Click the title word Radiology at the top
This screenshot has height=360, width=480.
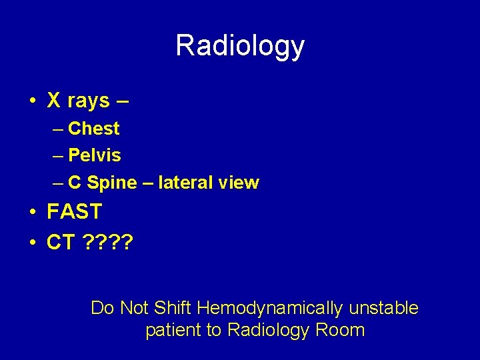240,46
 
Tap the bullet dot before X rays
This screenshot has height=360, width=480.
33,102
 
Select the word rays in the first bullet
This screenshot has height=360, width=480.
88,101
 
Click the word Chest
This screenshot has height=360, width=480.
94,129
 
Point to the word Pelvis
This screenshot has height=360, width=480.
95,155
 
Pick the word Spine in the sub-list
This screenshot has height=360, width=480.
111,183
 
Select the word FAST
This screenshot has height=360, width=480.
74,212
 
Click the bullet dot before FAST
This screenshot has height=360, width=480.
33,213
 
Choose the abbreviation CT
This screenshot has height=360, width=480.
61,242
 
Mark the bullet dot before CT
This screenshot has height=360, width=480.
33,243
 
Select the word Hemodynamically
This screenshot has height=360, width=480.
270,308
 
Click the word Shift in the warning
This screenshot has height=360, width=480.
173,308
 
